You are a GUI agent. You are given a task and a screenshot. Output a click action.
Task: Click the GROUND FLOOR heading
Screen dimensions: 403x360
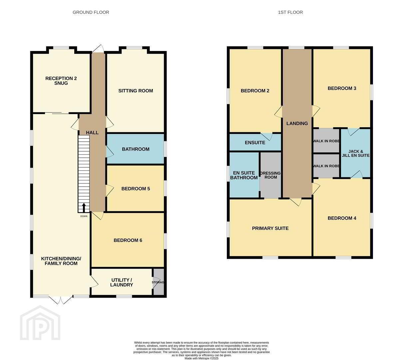point(91,12)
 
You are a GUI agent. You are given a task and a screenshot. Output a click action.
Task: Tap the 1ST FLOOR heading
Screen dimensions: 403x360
point(290,12)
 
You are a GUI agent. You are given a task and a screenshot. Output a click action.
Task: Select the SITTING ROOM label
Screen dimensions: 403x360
point(136,91)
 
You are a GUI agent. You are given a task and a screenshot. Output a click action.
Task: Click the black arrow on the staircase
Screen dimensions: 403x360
point(84,208)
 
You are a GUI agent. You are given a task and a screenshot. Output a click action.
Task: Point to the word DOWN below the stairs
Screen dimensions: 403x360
point(84,216)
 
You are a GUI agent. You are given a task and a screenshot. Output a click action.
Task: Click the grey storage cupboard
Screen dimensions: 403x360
point(159,282)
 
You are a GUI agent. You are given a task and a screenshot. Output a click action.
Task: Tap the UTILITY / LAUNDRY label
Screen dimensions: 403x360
point(122,283)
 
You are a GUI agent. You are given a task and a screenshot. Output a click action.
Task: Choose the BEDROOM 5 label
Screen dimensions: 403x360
point(136,189)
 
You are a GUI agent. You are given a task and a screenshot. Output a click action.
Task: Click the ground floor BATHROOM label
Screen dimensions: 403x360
point(136,149)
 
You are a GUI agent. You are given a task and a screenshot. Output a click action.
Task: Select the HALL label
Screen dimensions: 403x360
point(92,133)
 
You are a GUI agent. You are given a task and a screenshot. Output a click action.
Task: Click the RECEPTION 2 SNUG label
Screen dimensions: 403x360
point(61,81)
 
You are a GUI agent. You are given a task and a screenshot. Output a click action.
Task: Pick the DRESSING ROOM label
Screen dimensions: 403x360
point(270,175)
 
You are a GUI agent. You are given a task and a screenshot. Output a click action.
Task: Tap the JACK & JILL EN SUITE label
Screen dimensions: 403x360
point(356,153)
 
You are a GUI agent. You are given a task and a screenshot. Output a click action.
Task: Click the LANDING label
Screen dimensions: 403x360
point(297,123)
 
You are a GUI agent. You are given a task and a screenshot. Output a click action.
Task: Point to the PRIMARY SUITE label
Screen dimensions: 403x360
point(270,228)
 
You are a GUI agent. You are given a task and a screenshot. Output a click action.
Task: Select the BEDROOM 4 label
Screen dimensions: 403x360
point(342,218)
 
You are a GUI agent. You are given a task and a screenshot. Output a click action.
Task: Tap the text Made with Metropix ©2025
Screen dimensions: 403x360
point(201,358)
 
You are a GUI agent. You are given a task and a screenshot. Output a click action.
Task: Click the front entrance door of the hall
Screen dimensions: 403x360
point(98,49)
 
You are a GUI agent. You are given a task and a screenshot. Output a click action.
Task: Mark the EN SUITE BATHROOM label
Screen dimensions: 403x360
point(244,175)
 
